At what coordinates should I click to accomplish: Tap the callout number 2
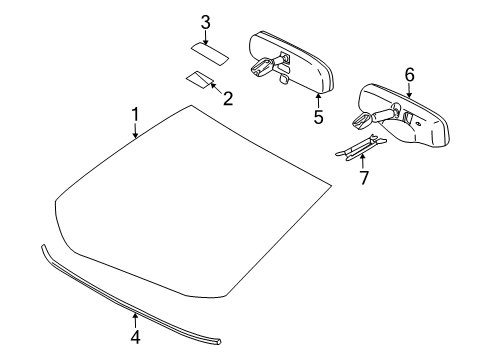pyautogui.click(x=228, y=98)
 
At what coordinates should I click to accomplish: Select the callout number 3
pyautogui.click(x=204, y=22)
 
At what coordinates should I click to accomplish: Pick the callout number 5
pyautogui.click(x=318, y=116)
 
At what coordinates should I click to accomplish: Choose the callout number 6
pyautogui.click(x=408, y=75)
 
